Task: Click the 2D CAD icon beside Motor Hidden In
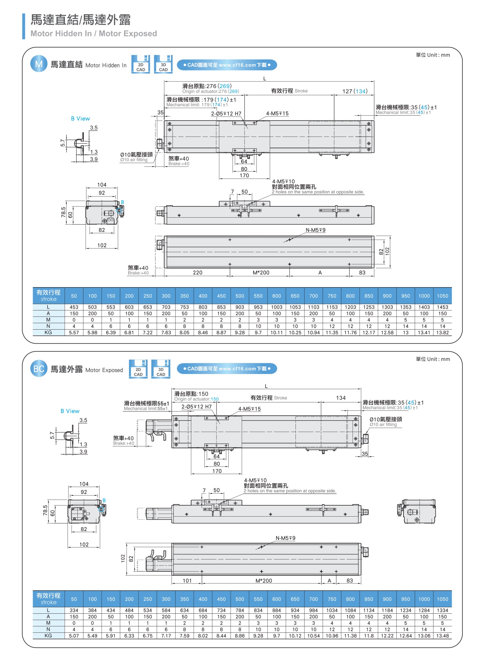(140, 64)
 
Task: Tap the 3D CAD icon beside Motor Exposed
(160, 369)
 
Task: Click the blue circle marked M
(39, 64)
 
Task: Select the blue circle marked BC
(39, 369)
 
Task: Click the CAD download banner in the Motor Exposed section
(227, 369)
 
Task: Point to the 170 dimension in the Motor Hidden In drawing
(244, 176)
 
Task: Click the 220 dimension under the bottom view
(198, 273)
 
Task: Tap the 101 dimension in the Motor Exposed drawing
(187, 581)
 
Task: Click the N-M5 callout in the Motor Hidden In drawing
(316, 230)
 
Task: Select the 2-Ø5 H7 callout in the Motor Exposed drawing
(196, 407)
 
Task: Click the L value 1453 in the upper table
(442, 307)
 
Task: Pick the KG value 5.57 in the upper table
(74, 333)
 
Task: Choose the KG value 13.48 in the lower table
(442, 636)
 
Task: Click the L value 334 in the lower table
(74, 610)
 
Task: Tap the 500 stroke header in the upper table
(240, 296)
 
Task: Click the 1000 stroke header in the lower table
(424, 599)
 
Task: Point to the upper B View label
(80, 119)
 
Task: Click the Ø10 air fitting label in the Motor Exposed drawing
(386, 421)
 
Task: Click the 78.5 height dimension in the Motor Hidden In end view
(63, 212)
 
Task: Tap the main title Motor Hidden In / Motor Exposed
(94, 33)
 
